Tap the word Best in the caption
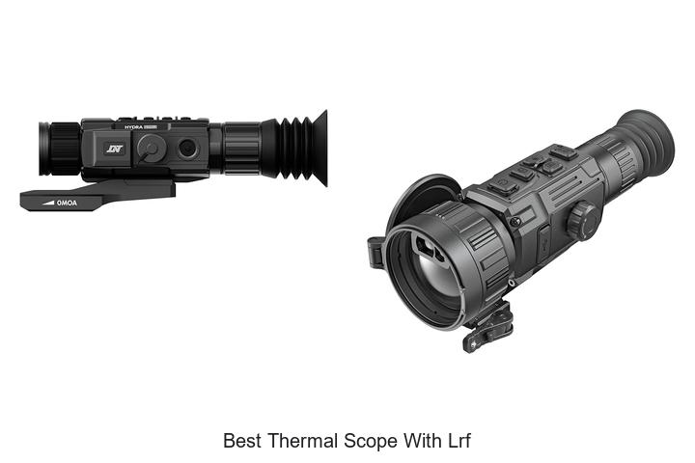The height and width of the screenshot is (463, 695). [242, 441]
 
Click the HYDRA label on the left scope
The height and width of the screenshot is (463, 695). [133, 127]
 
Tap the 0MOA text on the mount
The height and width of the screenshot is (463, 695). [67, 203]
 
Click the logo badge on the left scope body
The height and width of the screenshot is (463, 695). [115, 149]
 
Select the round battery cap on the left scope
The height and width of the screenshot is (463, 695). [151, 148]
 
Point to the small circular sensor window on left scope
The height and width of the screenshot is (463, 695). [187, 148]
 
